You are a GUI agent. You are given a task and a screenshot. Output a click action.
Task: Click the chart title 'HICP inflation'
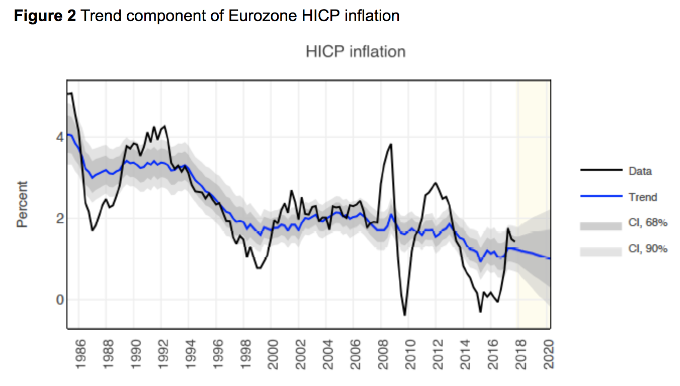(355, 51)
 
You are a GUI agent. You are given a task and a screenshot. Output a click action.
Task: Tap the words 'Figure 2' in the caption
(45, 16)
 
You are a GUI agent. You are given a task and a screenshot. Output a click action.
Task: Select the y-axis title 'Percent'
(23, 204)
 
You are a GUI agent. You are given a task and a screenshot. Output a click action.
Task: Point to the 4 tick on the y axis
(59, 137)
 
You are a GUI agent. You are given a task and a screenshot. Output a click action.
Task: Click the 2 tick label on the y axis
(59, 219)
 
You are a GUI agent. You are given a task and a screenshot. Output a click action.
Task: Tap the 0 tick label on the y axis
(59, 300)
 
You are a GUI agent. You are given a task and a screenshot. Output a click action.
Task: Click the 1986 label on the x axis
(79, 355)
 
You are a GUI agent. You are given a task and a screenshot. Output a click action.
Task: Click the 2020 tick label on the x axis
(548, 355)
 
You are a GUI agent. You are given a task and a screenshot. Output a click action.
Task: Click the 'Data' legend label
(640, 171)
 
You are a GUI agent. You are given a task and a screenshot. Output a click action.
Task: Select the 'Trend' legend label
(642, 197)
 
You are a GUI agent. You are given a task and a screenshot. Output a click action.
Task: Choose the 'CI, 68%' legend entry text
(648, 223)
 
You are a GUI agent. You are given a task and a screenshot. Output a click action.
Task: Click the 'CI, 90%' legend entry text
(648, 248)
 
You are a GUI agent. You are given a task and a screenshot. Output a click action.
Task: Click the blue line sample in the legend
(601, 197)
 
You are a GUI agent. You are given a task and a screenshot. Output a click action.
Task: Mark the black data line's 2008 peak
(391, 144)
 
